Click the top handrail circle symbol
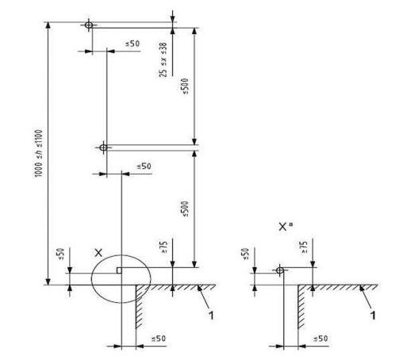click(89, 25)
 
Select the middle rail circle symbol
click(103, 147)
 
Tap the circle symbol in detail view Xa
click(280, 270)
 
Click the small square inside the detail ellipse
click(119, 270)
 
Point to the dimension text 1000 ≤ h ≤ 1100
click(39, 154)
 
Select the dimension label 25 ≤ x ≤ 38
click(163, 59)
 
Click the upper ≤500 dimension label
click(185, 86)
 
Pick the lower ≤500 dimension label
click(185, 209)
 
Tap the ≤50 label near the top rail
click(132, 44)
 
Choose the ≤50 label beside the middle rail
click(144, 167)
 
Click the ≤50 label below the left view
click(159, 339)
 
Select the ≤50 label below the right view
click(320, 339)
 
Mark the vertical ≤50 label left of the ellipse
click(60, 254)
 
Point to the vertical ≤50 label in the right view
click(245, 254)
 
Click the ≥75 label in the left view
click(164, 247)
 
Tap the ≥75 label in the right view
click(304, 247)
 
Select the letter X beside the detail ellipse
click(98, 253)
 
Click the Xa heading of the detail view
click(286, 227)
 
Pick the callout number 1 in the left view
click(211, 316)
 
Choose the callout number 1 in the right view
click(373, 316)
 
